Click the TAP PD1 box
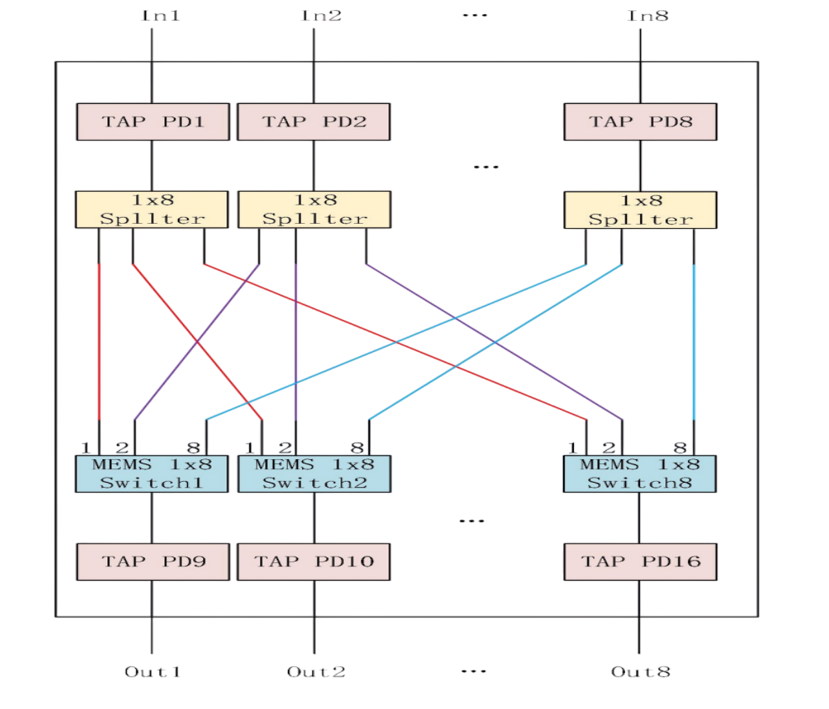[x=152, y=122]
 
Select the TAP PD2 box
[x=313, y=122]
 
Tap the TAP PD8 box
[x=639, y=122]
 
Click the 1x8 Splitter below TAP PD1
[x=152, y=210]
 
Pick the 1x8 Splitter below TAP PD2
[x=314, y=210]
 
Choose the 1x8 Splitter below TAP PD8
[x=639, y=210]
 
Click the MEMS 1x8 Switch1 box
[x=152, y=474]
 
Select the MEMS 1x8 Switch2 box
[x=314, y=474]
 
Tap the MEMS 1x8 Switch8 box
[x=639, y=474]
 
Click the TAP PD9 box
[x=152, y=562]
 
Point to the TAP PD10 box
[x=314, y=562]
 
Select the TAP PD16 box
[x=639, y=562]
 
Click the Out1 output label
[x=152, y=671]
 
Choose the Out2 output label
[x=315, y=671]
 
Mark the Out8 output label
[x=640, y=671]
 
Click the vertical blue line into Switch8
[x=694, y=344]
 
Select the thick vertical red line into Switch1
[x=100, y=344]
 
